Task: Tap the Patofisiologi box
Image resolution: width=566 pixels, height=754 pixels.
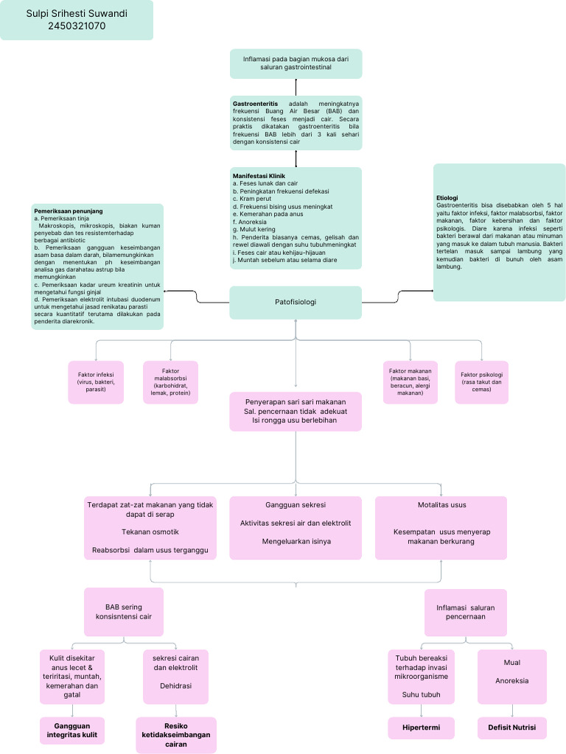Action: (296, 302)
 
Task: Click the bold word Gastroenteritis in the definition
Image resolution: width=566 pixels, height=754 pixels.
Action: (255, 104)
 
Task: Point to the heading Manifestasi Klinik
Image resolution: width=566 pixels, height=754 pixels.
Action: (259, 176)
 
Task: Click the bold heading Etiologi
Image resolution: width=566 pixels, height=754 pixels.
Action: (447, 197)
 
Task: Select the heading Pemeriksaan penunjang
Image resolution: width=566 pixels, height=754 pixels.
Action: (69, 211)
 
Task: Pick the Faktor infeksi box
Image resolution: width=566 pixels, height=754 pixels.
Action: (96, 382)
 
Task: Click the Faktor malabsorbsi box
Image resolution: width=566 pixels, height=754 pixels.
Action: (171, 382)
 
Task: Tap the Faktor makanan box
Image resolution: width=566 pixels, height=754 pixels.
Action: (410, 382)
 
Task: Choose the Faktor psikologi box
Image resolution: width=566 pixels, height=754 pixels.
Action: (482, 382)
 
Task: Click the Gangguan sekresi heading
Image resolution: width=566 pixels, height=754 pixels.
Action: (296, 505)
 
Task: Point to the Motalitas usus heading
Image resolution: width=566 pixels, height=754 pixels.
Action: (441, 505)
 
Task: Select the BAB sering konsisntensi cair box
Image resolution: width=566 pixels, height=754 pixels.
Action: (123, 612)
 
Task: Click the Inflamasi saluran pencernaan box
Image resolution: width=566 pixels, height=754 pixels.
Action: (465, 612)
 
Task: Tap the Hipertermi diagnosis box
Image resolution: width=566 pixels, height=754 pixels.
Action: (422, 728)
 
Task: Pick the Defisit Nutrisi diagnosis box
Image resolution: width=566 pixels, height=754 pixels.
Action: (511, 728)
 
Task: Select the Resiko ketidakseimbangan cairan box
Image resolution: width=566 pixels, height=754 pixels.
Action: (176, 735)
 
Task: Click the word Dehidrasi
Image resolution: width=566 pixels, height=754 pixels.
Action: (176, 686)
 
